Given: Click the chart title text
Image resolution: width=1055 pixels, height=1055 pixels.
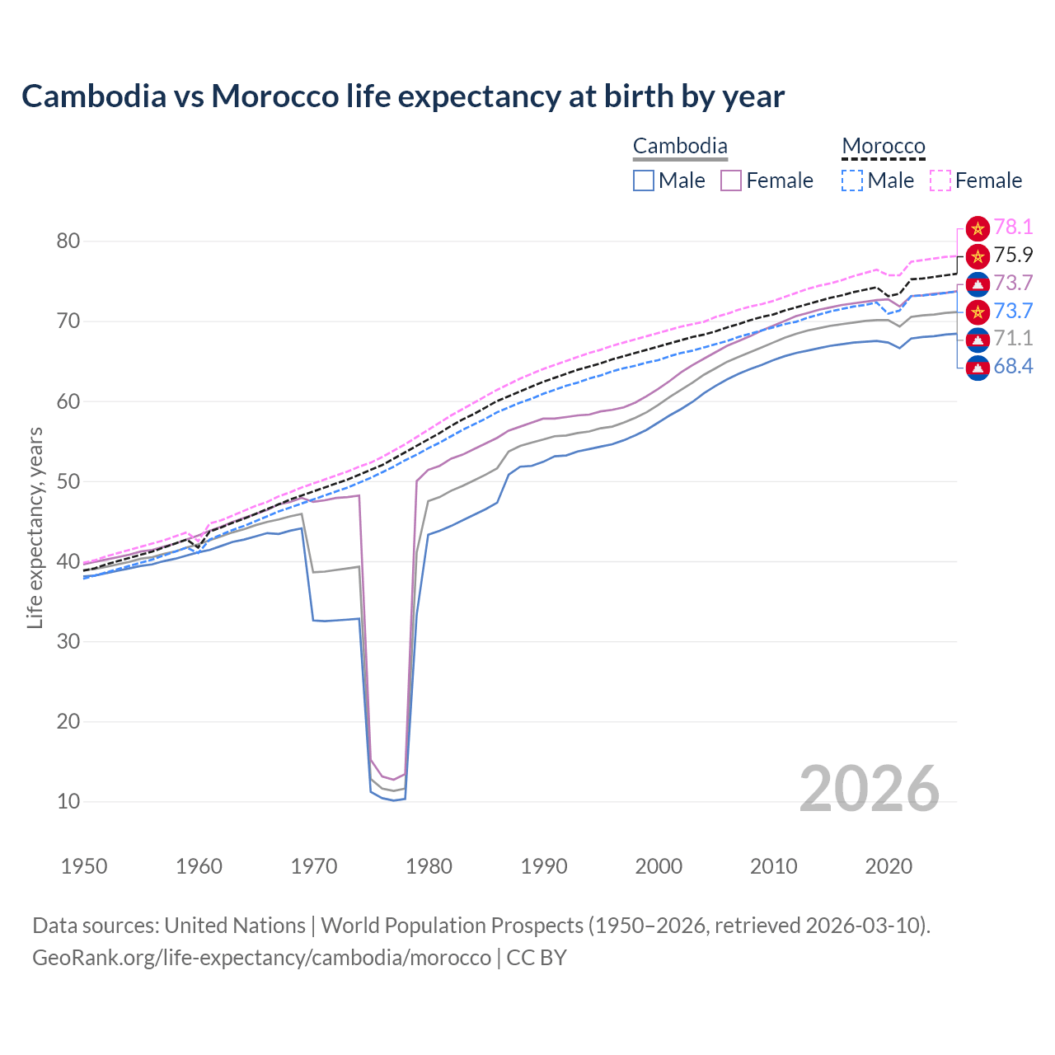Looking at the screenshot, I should pos(403,96).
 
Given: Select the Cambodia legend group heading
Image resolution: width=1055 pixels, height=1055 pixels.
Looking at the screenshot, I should pos(680,147).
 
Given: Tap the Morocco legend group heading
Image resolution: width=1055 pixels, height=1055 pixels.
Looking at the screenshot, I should pos(884,147).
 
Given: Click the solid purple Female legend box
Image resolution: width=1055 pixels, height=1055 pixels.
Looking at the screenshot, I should pos(731,181).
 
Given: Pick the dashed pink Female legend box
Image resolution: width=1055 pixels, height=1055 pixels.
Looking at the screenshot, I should pos(940,181).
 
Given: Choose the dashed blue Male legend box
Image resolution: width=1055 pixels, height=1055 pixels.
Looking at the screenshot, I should pos(852,181).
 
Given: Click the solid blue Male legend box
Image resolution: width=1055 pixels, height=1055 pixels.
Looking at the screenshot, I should pos(644,181).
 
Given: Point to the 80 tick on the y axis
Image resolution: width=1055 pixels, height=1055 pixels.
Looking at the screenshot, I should pos(68,241).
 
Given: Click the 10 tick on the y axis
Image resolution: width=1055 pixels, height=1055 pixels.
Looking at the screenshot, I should pos(68,801).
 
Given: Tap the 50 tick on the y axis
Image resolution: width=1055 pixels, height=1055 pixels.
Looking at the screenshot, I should pos(68,481).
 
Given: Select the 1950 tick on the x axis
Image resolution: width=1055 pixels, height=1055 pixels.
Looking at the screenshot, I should pos(84,866).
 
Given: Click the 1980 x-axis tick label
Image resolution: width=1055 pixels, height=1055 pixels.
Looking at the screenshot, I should pos(429,866).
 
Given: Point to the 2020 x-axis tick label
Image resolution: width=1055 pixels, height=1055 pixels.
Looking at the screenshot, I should pos(889,866).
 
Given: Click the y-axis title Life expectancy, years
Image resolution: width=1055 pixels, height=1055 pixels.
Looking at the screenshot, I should pos(35,527).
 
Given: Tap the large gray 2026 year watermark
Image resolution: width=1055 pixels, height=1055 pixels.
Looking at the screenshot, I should pos(870,789).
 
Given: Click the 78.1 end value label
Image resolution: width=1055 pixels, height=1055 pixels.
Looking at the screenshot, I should pos(1013,227).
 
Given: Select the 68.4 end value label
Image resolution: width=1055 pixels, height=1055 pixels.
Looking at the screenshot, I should pos(1013,367).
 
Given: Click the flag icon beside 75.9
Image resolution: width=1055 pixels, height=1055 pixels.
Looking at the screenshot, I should pos(978,256).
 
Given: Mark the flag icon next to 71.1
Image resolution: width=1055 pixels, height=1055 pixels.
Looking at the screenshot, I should pos(978,339).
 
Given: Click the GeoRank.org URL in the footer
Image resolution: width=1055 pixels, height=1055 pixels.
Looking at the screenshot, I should pos(261,958).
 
